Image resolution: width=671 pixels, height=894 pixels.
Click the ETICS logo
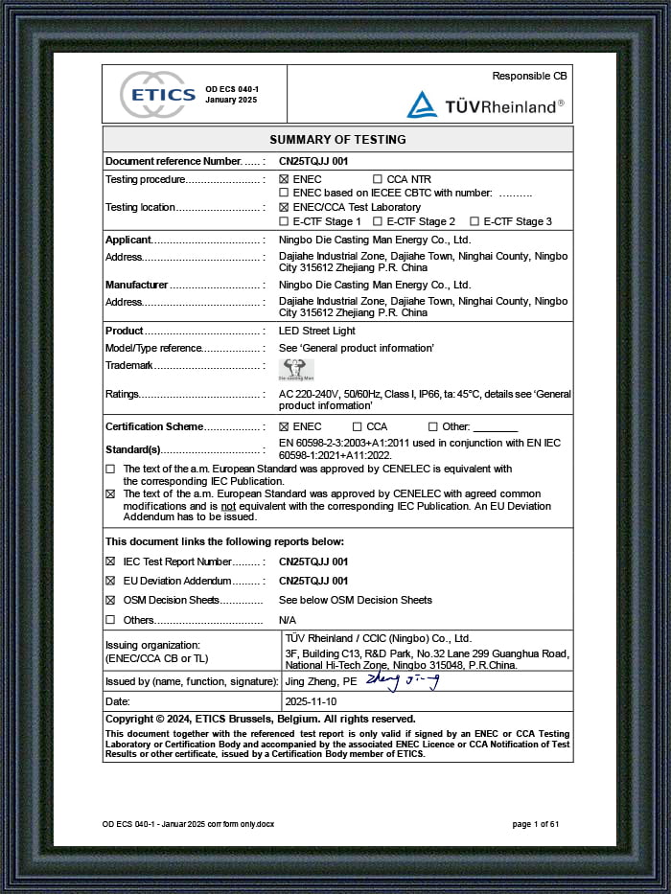click(158, 95)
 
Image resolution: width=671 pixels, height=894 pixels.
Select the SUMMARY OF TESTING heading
click(337, 139)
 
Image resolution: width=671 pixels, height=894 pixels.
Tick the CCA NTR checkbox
click(378, 179)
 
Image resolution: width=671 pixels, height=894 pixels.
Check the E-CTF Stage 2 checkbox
click(378, 221)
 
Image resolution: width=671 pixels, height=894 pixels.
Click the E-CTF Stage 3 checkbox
click(474, 221)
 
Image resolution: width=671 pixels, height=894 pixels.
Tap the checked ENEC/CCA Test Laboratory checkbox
click(284, 207)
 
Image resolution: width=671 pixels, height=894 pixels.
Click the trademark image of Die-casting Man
click(296, 369)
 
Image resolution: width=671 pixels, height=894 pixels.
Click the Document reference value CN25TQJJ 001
click(313, 161)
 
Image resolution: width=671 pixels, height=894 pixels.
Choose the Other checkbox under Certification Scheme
click(433, 426)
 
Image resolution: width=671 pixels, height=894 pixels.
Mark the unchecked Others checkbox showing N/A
click(109, 620)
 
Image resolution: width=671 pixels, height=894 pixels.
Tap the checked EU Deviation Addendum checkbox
click(109, 581)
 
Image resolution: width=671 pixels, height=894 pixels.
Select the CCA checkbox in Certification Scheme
click(358, 426)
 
